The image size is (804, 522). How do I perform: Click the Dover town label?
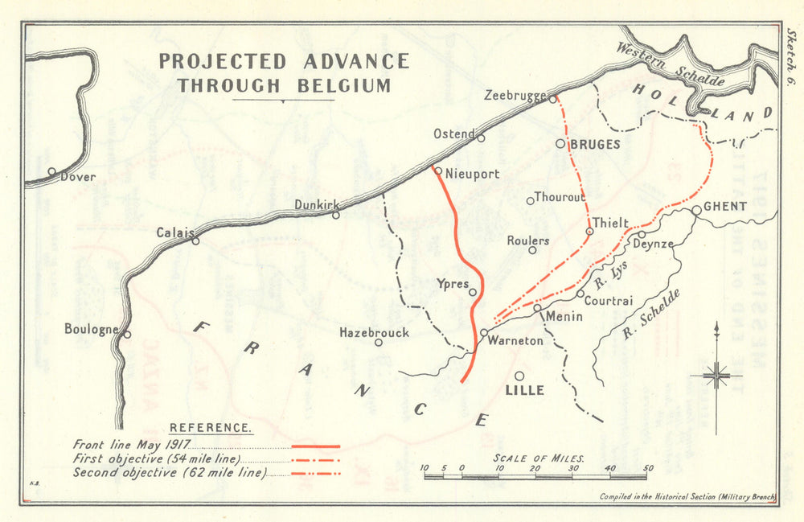pos(78,177)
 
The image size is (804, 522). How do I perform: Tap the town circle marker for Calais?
pos(195,240)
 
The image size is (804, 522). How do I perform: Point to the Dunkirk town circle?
pos(336,214)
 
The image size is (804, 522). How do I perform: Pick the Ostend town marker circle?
pos(481,138)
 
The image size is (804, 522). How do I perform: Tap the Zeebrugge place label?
pos(516,96)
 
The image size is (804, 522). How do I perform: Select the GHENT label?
pos(725,207)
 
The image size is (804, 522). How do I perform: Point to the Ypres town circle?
pos(473,292)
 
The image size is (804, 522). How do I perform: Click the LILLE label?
pos(524,391)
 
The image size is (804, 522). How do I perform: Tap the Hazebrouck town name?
pos(375,332)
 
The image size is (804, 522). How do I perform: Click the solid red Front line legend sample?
pos(316,446)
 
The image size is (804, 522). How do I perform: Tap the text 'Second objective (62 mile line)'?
pos(169,473)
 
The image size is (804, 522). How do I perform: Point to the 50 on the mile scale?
pos(648,467)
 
